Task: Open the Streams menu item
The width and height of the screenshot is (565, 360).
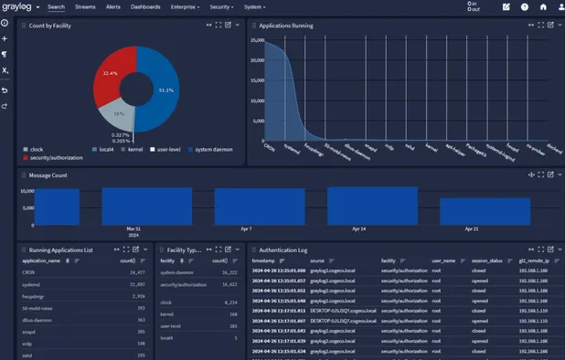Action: [84, 6]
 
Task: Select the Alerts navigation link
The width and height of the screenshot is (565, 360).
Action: [113, 6]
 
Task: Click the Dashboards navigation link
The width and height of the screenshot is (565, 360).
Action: [145, 6]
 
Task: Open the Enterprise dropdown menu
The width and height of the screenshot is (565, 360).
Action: [186, 6]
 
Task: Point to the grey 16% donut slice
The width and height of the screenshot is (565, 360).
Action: [119, 116]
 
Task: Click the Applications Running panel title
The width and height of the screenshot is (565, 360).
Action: [286, 26]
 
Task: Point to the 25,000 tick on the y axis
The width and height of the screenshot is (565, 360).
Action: [257, 40]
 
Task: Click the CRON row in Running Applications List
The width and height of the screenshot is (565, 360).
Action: [28, 271]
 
